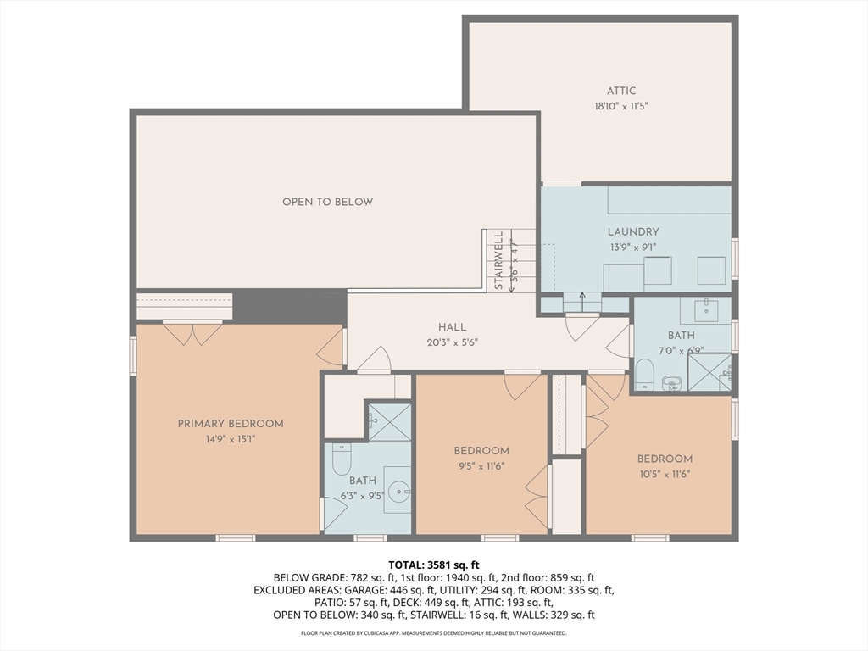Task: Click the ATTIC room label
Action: pos(620,91)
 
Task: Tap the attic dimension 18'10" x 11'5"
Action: pos(620,107)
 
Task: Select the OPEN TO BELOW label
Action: pos(327,202)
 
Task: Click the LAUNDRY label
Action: pos(632,231)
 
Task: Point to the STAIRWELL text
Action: pos(499,261)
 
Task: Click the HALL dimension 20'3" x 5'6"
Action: pos(452,342)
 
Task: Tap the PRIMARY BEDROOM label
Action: pos(230,424)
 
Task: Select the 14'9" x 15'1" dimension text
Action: pos(230,439)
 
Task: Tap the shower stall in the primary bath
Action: pos(390,422)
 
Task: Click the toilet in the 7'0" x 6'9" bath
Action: pos(644,373)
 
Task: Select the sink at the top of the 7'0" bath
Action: pos(706,310)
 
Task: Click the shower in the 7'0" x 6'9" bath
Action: pos(709,372)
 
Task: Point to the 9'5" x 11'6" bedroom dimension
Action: pos(481,465)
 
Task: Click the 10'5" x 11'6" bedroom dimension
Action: pos(665,474)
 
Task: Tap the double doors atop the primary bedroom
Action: pos(193,333)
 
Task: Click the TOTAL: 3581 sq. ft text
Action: pos(434,565)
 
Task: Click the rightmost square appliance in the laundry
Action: pos(711,270)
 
